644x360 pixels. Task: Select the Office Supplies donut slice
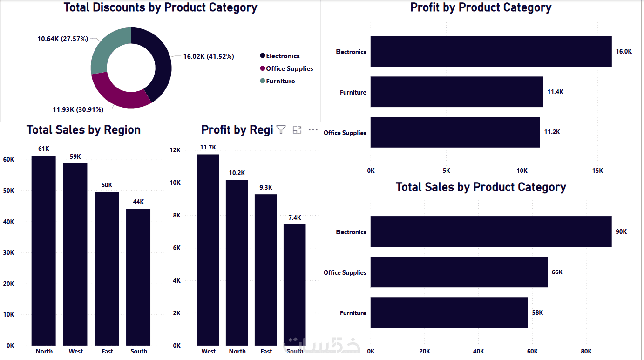tap(119, 95)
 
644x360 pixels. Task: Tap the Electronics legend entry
tap(283, 56)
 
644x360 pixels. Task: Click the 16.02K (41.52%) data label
tap(208, 56)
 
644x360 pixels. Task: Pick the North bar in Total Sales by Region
tap(44, 251)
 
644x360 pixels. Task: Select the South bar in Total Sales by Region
tap(138, 277)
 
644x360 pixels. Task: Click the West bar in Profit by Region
tap(208, 251)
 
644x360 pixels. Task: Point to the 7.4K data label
tap(294, 217)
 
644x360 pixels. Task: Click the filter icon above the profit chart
tap(281, 130)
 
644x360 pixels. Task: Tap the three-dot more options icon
tap(313, 130)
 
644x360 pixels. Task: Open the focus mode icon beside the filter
tap(297, 130)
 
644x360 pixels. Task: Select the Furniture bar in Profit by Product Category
tap(456, 92)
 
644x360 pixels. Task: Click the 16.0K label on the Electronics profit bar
tap(624, 51)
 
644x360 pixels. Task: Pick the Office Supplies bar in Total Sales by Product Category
tap(459, 272)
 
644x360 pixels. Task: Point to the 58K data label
tap(537, 312)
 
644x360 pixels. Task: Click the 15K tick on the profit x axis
tap(597, 171)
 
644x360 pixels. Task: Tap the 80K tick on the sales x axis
tap(586, 351)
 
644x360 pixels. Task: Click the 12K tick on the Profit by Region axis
tap(175, 150)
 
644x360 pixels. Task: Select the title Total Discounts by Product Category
tap(160, 7)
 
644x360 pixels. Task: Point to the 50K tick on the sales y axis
tap(9, 190)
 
